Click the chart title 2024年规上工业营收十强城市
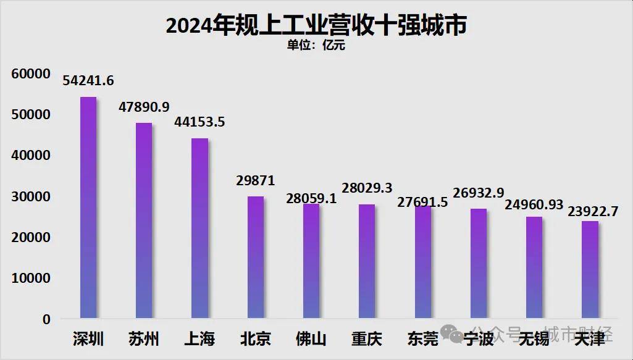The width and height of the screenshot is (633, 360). [316, 25]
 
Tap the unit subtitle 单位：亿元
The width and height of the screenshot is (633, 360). [316, 45]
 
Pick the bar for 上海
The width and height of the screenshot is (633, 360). [199, 228]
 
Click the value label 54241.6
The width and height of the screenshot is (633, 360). [88, 81]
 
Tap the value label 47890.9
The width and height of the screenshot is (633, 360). [144, 107]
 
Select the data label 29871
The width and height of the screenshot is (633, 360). [255, 180]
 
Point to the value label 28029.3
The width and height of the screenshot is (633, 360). [367, 188]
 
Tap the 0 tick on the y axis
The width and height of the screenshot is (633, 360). [46, 319]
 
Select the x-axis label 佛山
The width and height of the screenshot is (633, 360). [311, 339]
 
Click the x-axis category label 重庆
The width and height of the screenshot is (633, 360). [367, 339]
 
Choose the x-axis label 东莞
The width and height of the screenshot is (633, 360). [422, 339]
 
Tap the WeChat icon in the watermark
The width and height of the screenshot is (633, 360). [458, 336]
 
